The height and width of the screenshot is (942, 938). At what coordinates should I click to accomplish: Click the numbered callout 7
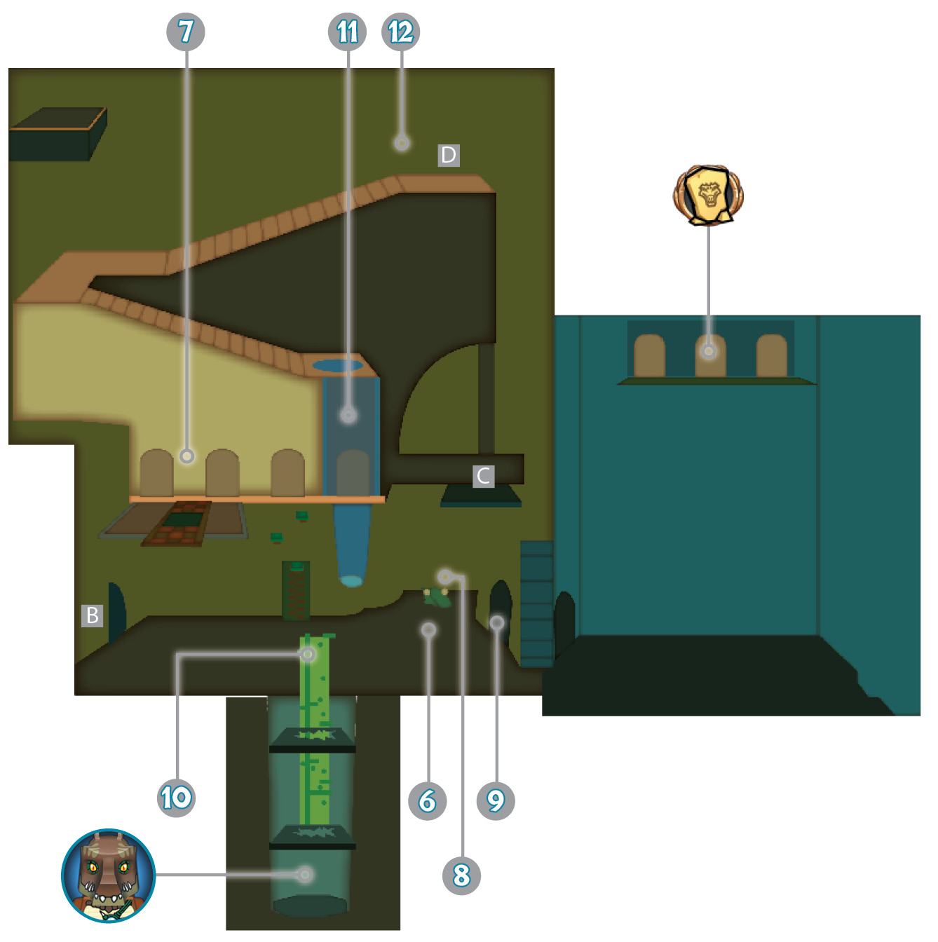click(x=185, y=32)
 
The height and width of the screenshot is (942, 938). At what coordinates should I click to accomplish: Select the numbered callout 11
click(x=347, y=32)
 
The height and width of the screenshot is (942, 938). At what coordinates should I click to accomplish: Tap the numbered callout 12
click(x=400, y=32)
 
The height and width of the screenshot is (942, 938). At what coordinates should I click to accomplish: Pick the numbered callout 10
click(x=176, y=798)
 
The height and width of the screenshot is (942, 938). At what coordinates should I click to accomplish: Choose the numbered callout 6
click(x=428, y=800)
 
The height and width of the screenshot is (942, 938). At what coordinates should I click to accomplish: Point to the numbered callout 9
click(x=496, y=800)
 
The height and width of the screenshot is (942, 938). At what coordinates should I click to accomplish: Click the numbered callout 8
click(x=461, y=875)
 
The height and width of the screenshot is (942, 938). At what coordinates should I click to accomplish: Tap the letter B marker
click(x=92, y=615)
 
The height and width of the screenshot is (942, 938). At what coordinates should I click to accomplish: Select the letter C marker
click(x=483, y=476)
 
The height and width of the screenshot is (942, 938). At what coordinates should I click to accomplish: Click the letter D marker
click(x=449, y=156)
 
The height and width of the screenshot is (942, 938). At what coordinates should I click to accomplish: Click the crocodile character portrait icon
click(x=108, y=875)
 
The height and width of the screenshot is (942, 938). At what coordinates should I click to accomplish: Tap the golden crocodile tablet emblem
click(x=708, y=195)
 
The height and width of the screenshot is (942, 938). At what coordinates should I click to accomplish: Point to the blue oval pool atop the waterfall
click(x=337, y=365)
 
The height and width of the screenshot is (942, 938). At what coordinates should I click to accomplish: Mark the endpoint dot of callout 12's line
click(x=402, y=143)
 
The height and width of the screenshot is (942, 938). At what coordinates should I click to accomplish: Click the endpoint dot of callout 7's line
click(x=186, y=456)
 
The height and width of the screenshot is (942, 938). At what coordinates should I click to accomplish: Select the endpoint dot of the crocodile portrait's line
click(x=305, y=875)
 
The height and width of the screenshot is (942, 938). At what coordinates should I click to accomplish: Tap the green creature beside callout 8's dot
click(x=437, y=598)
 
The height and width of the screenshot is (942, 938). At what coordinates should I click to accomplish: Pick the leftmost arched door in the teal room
click(x=649, y=355)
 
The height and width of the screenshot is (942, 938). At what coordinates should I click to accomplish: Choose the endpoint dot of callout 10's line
click(x=308, y=654)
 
